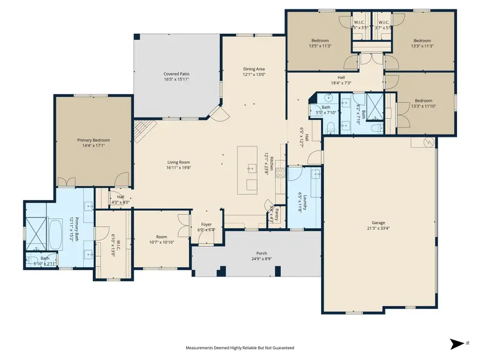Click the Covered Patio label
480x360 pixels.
pos(176,74)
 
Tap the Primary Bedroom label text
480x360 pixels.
pos(93,140)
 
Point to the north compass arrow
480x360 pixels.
pos(457,343)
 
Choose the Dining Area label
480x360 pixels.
pos(254,69)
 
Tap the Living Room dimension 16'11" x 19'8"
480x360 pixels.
pos(178,168)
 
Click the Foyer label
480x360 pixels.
pos(206,225)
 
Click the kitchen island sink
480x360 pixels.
pos(251,169)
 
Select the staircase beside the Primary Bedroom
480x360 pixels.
pos(144,131)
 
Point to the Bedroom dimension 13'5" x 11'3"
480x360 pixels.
pos(320,46)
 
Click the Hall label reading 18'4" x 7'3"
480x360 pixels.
pos(341,83)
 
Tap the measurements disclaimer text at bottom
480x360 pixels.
pos(239,348)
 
